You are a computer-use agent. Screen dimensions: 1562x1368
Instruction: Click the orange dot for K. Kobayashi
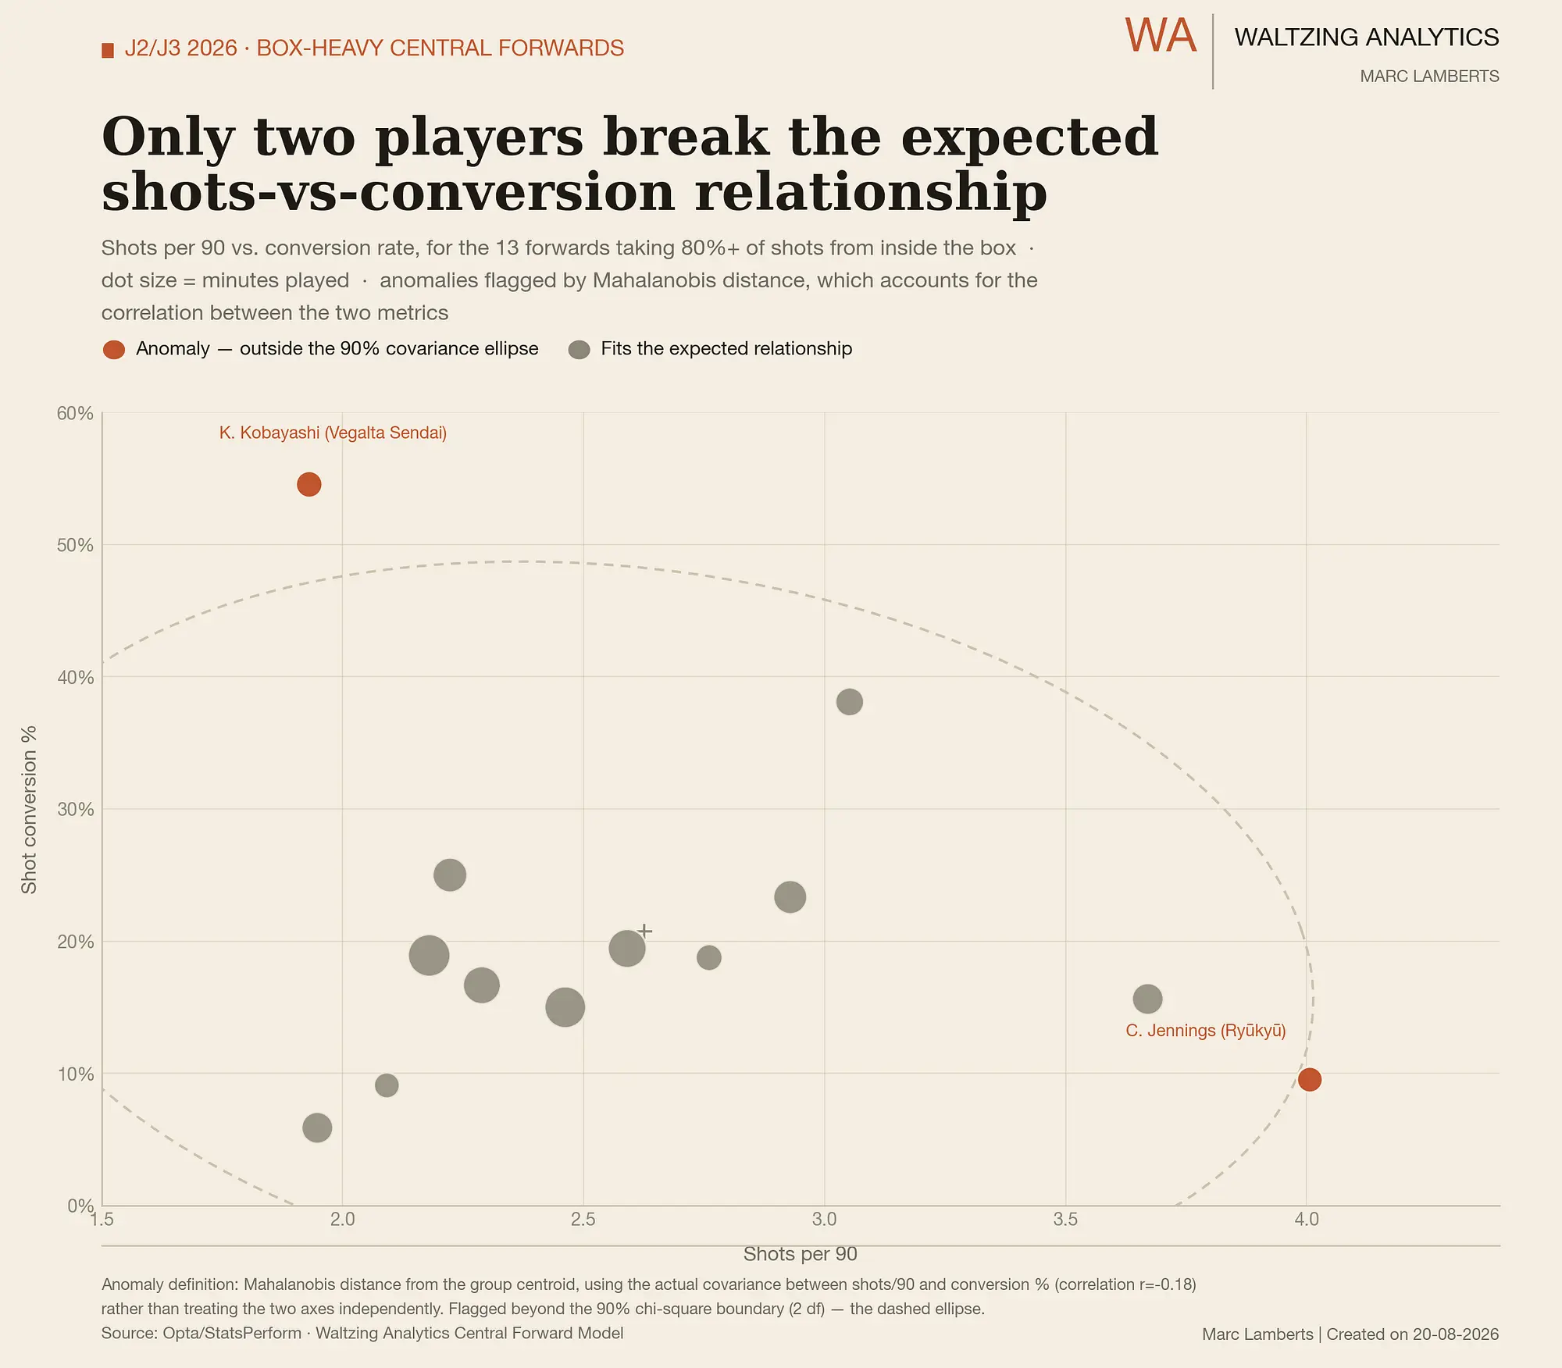click(309, 484)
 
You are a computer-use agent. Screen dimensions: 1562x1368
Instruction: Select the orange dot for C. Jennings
click(1310, 1080)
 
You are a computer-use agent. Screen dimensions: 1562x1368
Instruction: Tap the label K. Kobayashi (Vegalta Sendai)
click(333, 433)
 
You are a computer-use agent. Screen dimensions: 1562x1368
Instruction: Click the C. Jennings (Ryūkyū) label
click(1206, 1031)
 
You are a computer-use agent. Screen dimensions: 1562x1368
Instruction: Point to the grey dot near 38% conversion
click(850, 702)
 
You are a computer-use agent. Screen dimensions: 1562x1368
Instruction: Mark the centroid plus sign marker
click(645, 931)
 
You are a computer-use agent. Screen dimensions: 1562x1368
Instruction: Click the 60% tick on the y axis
click(75, 413)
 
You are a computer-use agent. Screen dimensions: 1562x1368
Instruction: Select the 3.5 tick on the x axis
click(1065, 1219)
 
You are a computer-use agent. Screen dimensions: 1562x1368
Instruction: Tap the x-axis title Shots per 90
click(801, 1254)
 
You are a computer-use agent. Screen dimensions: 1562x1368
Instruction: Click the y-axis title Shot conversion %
click(29, 810)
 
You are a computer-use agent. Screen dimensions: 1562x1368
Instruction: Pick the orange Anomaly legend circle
click(114, 350)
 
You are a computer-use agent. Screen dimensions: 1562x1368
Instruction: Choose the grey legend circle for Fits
click(579, 350)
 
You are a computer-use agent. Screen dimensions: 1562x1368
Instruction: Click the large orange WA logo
click(1161, 36)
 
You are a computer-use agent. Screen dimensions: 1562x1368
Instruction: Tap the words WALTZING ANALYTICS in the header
click(1367, 37)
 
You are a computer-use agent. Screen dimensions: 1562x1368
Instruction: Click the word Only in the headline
click(168, 137)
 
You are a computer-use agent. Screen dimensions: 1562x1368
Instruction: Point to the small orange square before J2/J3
click(108, 51)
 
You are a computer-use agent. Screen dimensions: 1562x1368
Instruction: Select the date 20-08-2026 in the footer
click(1456, 1334)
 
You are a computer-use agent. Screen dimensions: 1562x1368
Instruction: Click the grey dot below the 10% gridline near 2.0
click(317, 1128)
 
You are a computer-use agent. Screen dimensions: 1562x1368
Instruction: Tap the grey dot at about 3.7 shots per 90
click(1147, 999)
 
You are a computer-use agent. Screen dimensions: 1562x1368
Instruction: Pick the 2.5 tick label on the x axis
click(583, 1219)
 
